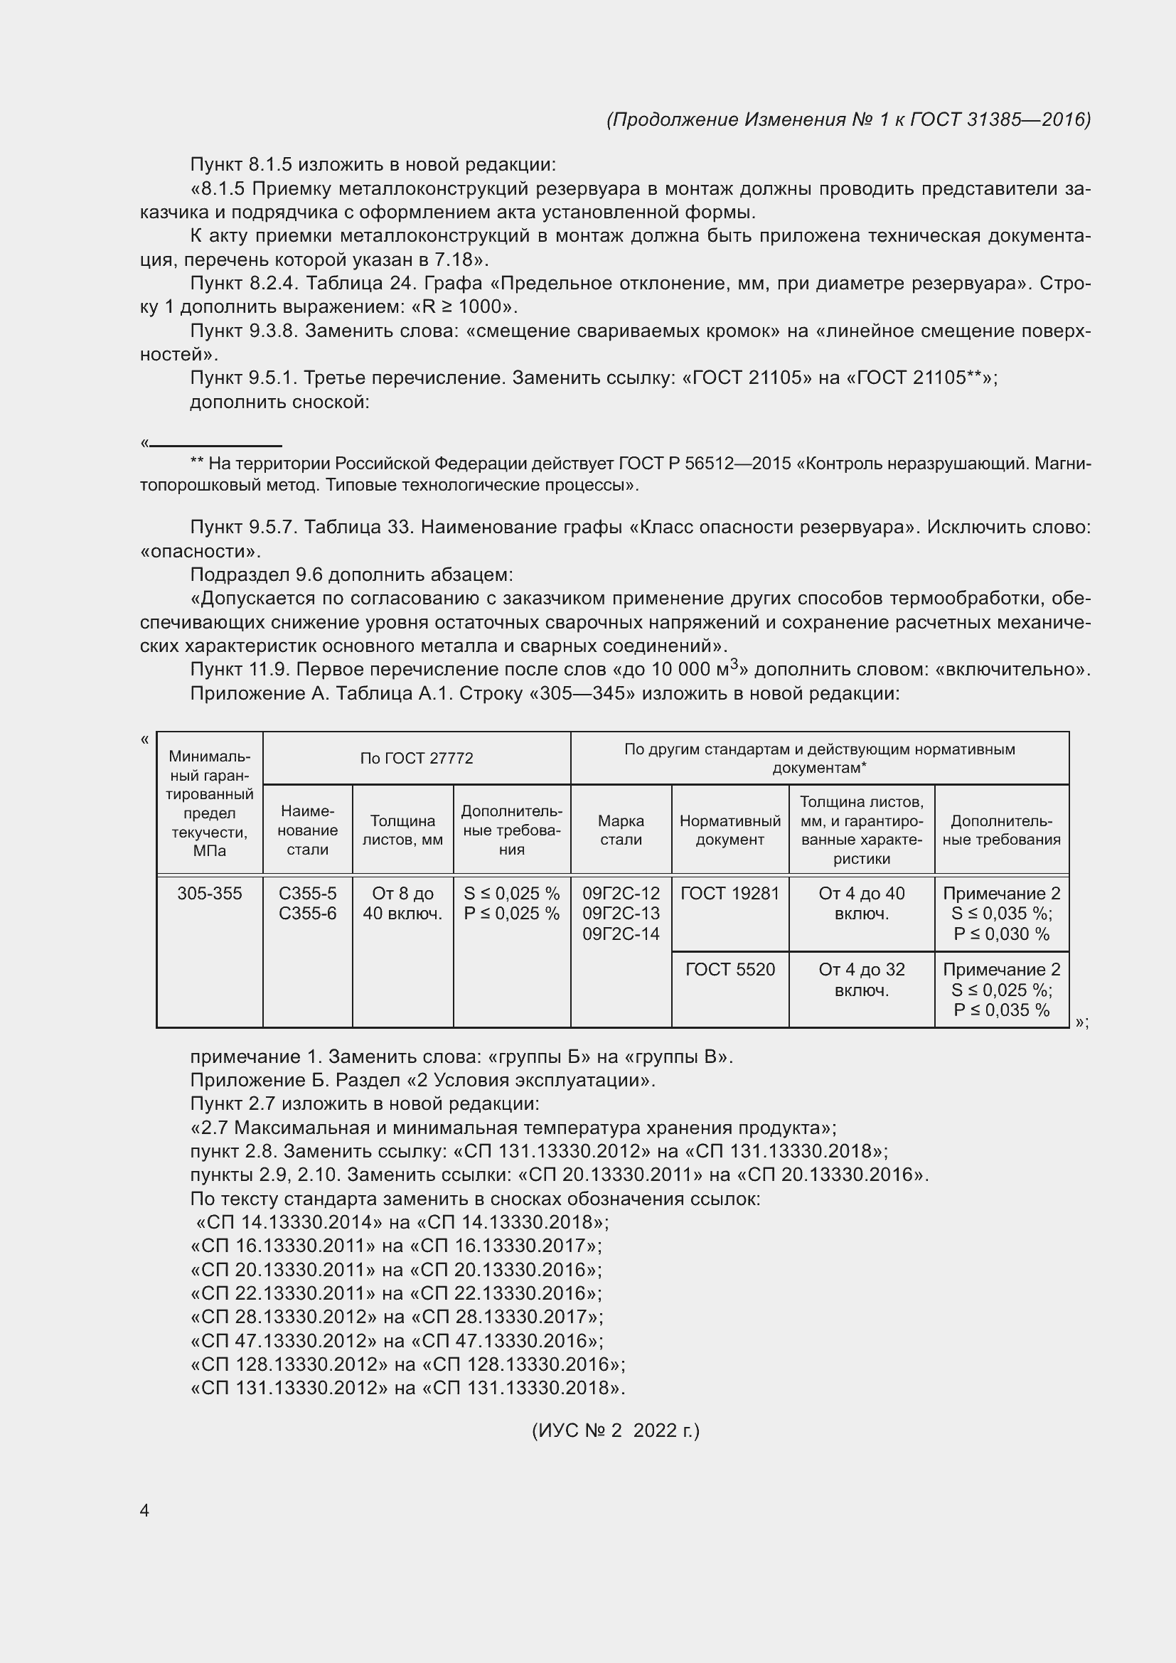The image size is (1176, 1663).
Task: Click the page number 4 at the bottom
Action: (x=144, y=1510)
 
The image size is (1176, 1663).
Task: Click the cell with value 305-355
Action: (x=209, y=894)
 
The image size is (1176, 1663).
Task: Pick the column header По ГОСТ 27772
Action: (x=417, y=759)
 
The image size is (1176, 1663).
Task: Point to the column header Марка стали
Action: (x=621, y=830)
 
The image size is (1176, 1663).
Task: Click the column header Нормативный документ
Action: (x=730, y=830)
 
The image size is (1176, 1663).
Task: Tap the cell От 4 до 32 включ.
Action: (x=861, y=980)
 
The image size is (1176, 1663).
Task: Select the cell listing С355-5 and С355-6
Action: (x=307, y=903)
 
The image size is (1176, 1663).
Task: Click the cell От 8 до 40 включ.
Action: (x=402, y=903)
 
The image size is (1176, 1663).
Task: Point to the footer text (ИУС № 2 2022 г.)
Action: (x=616, y=1431)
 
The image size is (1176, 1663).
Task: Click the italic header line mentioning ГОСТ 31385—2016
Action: (x=848, y=119)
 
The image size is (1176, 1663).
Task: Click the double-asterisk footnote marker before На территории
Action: (x=196, y=463)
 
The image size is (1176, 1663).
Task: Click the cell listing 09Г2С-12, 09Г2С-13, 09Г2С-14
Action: (x=621, y=914)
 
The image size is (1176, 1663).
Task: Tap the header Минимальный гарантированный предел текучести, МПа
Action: (x=209, y=803)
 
